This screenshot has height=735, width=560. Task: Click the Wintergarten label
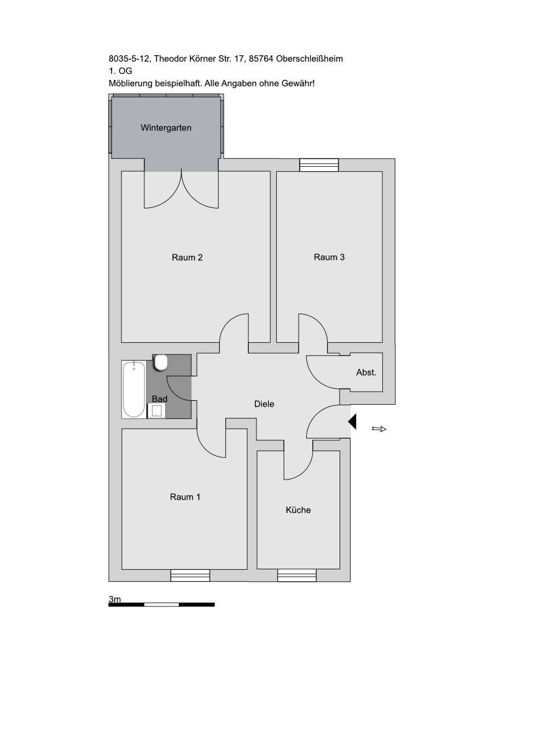[166, 128]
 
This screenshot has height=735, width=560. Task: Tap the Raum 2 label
[187, 258]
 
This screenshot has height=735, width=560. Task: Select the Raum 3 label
[329, 257]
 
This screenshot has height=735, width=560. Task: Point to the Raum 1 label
[185, 497]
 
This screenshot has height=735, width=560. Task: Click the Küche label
[298, 510]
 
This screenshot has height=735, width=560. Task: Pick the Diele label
[264, 404]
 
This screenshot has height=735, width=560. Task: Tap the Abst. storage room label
[366, 372]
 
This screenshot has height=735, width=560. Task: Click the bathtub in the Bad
[133, 389]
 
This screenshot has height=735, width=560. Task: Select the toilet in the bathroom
[161, 362]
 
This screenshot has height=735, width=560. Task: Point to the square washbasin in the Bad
[157, 411]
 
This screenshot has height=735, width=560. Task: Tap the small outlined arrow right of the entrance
[379, 429]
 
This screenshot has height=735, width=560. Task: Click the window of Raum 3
[319, 165]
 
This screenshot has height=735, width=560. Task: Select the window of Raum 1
[190, 575]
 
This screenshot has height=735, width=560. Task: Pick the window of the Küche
[296, 575]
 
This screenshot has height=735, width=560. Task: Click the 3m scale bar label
[115, 599]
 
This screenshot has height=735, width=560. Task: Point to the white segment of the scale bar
[161, 604]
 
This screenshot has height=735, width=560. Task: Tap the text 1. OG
[120, 71]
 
